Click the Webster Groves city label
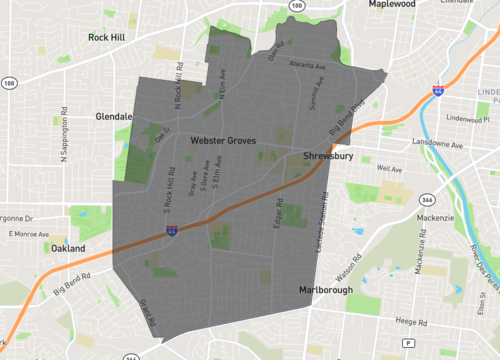224,143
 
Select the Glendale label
114,117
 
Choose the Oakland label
69,248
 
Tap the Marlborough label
327,291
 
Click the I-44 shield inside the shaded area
173,229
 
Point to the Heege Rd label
411,323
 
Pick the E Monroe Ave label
29,234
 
